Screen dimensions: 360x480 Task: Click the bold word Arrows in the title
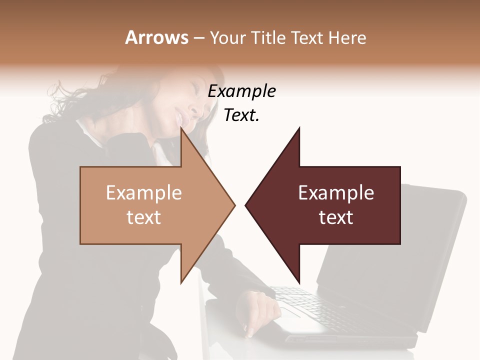(157, 37)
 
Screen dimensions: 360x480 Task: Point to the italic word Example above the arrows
(241, 91)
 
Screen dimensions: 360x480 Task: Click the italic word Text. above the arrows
(241, 115)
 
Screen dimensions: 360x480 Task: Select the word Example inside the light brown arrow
(143, 193)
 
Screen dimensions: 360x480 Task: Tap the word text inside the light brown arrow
(143, 217)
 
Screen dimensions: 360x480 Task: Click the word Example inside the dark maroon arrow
(336, 193)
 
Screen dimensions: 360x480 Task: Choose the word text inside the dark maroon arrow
(336, 217)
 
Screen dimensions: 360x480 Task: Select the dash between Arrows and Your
(198, 38)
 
